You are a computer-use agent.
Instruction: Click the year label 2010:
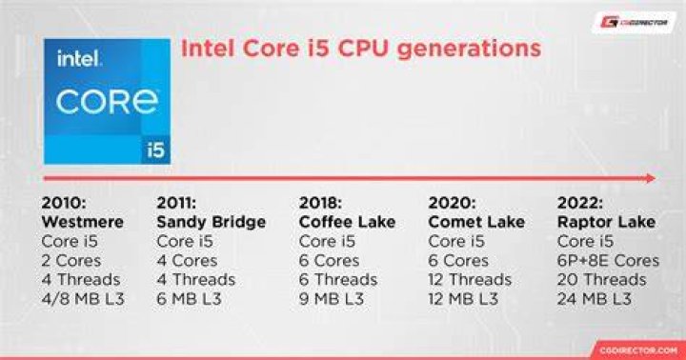tap(64, 203)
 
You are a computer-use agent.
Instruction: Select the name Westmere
tap(83, 222)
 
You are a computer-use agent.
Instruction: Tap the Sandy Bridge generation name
tap(212, 223)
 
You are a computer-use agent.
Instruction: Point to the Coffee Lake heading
tap(348, 222)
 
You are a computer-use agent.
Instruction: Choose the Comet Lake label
tap(476, 222)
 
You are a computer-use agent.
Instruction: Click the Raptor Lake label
tap(606, 222)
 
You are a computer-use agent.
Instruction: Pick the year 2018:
tap(320, 203)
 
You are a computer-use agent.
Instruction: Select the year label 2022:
tap(580, 203)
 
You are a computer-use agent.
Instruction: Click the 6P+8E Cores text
tap(608, 261)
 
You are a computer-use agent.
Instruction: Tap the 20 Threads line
tap(601, 279)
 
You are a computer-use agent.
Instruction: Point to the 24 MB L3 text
tap(595, 299)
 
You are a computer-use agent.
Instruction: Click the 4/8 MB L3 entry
tap(83, 299)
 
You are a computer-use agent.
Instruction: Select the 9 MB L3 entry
tap(332, 299)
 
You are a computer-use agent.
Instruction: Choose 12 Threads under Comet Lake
tap(470, 279)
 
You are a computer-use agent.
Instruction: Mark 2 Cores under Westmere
tap(71, 261)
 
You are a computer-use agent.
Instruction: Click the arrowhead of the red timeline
tap(651, 178)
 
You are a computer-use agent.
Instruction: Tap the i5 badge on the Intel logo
tap(155, 150)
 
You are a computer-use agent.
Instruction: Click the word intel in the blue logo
tap(79, 59)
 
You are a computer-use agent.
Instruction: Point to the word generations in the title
tap(469, 49)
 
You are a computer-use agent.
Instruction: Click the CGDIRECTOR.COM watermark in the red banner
tap(638, 350)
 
